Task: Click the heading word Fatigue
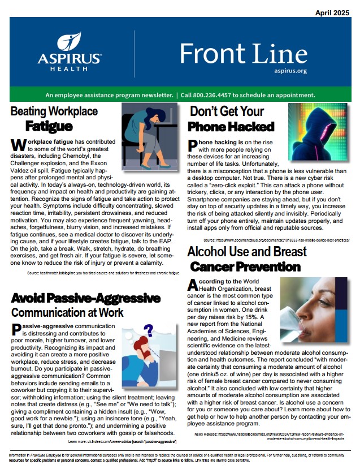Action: coord(49,126)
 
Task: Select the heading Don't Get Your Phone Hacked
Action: coord(232,119)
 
